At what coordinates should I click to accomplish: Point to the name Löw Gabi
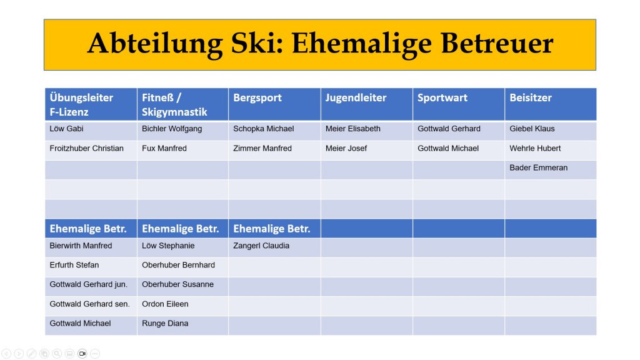(66, 129)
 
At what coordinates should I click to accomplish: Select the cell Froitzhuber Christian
(86, 148)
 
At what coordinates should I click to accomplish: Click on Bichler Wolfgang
(172, 129)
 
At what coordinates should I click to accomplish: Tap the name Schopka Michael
(264, 129)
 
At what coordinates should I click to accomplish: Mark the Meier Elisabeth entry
(353, 129)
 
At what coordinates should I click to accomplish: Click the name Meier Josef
(346, 148)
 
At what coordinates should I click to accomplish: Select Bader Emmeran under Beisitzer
(538, 167)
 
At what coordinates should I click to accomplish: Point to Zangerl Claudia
(261, 246)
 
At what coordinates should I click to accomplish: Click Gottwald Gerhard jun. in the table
(89, 284)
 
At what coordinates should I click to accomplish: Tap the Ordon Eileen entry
(165, 304)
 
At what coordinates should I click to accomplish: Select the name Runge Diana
(165, 323)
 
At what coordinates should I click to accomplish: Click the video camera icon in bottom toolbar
(82, 354)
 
